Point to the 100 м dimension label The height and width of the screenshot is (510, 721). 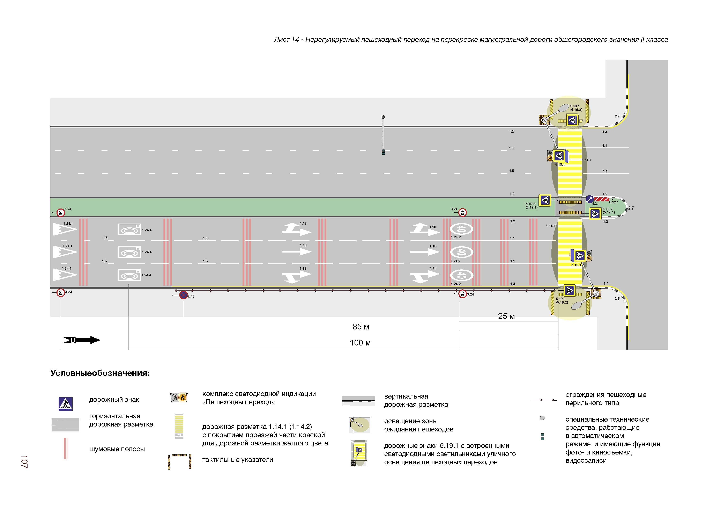360,343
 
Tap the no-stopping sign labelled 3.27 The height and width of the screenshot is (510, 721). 183,295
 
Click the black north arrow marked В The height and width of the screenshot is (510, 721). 81,340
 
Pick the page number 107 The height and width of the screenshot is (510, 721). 24,461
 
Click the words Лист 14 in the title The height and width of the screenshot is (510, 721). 286,40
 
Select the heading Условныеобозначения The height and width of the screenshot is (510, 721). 100,373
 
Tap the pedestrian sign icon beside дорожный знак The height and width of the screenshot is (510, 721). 65,404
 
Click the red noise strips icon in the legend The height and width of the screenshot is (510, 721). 65,449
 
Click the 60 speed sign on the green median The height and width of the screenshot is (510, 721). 61,213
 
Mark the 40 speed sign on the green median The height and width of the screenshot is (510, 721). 462,213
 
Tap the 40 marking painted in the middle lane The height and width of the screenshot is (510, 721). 461,252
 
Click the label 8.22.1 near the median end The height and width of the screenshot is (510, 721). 614,202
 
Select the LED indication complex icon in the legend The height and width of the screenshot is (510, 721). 179,398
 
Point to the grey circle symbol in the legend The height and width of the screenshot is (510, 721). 542,418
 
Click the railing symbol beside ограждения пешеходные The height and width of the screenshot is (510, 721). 543,400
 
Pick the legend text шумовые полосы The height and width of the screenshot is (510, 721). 117,449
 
